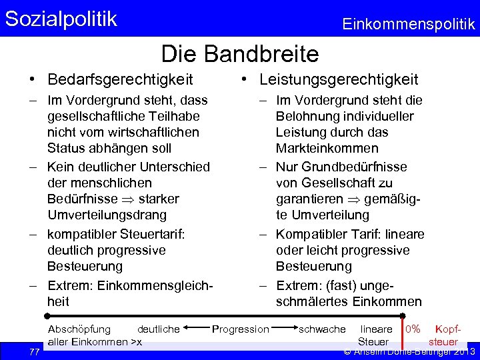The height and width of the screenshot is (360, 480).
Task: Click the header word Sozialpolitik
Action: click(x=61, y=19)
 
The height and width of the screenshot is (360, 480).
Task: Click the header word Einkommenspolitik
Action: click(x=408, y=25)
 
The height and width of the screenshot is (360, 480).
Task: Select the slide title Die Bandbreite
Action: click(x=240, y=53)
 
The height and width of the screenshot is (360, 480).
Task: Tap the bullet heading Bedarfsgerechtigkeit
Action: click(x=120, y=80)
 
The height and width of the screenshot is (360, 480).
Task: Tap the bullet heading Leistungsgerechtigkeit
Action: click(x=339, y=80)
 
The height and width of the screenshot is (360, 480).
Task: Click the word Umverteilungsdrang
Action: click(x=107, y=215)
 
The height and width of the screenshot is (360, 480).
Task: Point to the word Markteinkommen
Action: click(x=327, y=148)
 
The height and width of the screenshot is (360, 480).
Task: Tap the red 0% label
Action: click(x=413, y=329)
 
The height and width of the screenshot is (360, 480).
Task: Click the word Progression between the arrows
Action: click(x=240, y=329)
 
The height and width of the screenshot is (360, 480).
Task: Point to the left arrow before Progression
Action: click(x=196, y=328)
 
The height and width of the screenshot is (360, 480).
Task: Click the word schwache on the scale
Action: click(x=323, y=329)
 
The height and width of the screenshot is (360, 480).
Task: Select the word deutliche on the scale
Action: click(x=158, y=329)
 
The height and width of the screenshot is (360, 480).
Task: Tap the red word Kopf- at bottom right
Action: click(x=447, y=329)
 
